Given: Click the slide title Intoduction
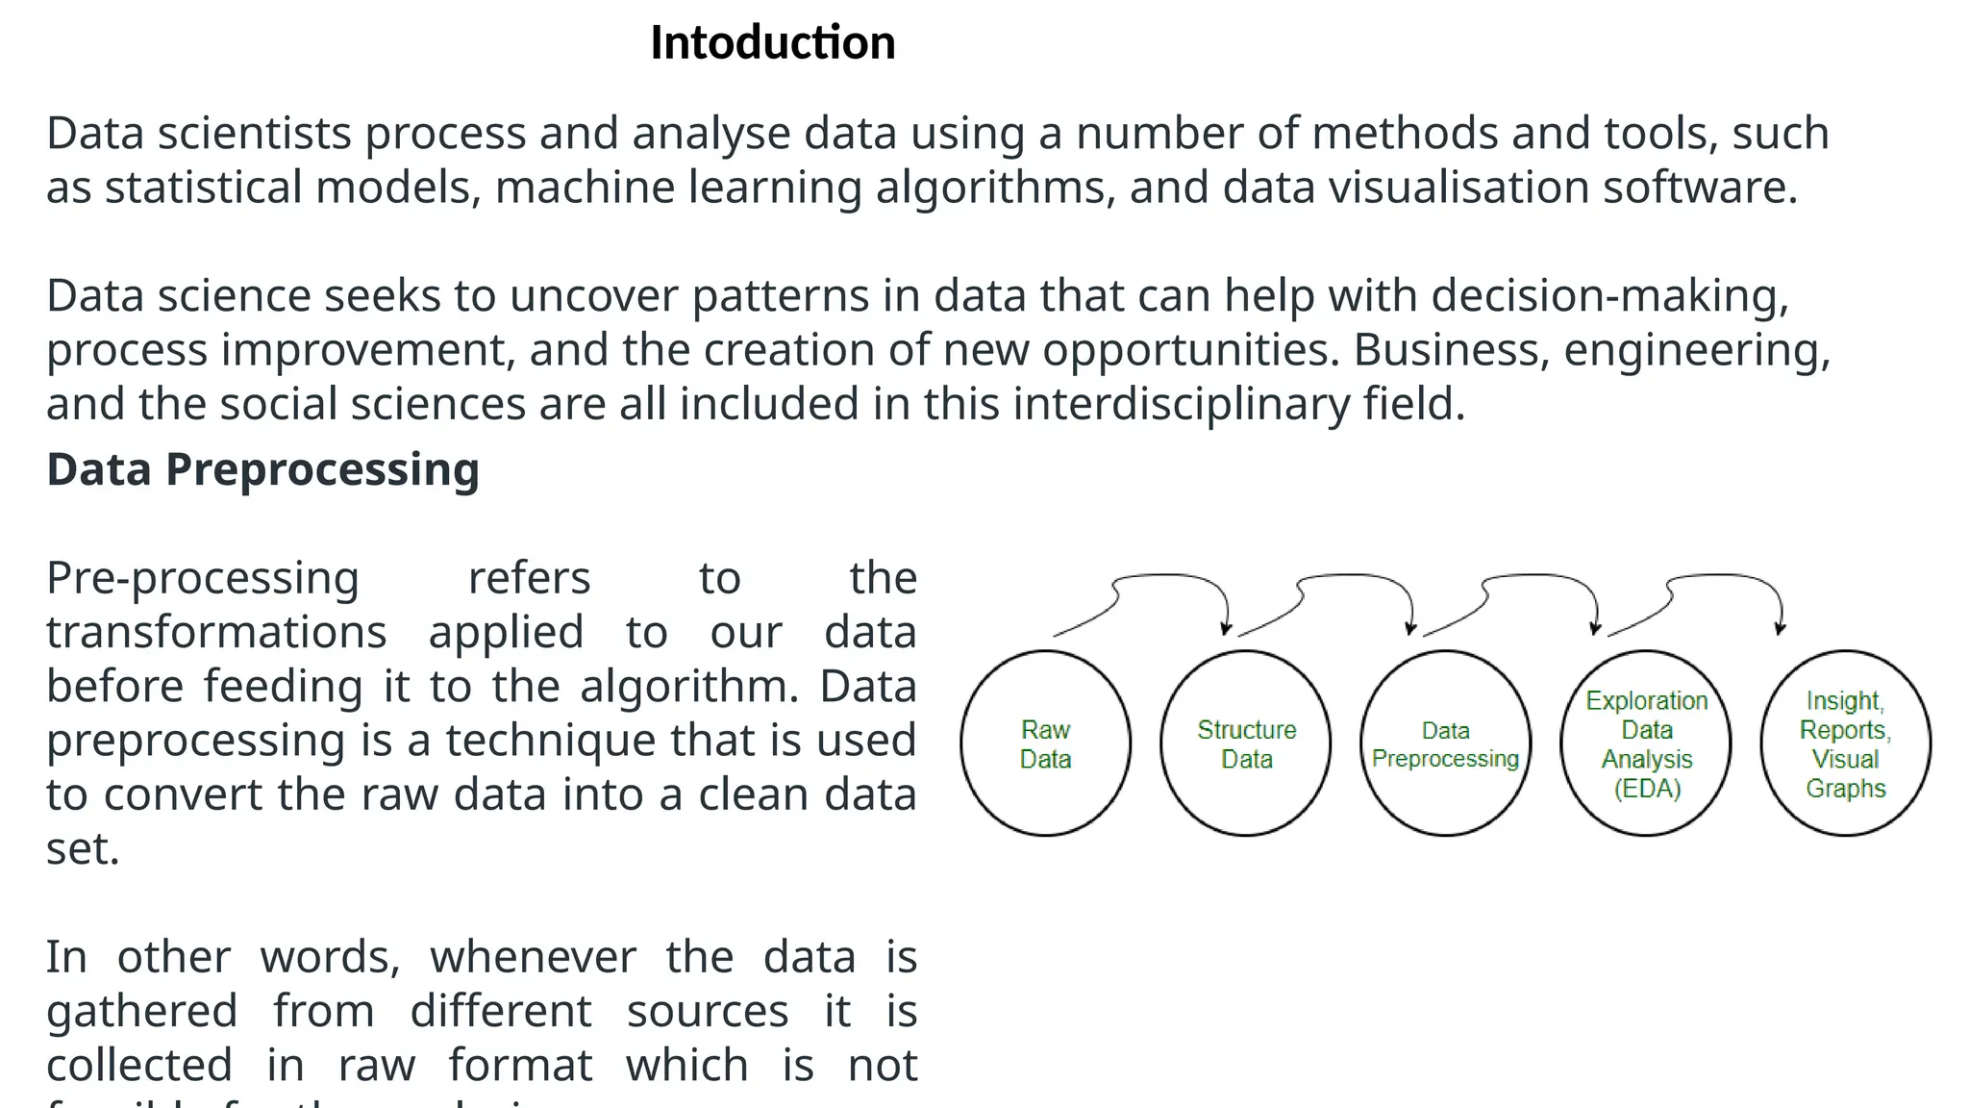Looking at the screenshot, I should (772, 43).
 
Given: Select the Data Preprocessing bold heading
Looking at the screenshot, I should (262, 469).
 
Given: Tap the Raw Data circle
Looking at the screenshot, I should (1045, 743).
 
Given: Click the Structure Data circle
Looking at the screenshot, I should (1246, 743).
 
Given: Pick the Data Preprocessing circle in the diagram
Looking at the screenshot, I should (1445, 743).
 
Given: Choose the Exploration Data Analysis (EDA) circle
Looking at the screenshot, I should (1646, 743).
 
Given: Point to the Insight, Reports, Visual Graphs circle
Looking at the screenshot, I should (1845, 743).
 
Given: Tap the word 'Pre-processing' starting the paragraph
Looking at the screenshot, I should (203, 579).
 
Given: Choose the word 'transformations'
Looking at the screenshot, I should (216, 633).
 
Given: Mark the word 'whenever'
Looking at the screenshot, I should (533, 958).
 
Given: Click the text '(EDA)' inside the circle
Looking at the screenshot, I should (1647, 789).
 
